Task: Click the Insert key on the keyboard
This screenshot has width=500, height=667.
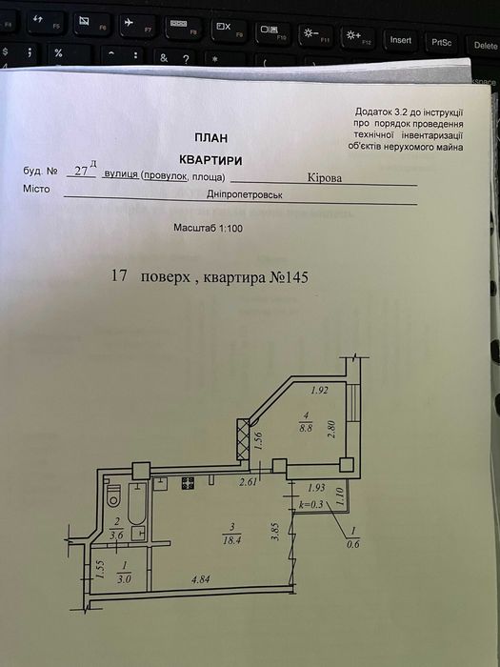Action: pyautogui.click(x=400, y=40)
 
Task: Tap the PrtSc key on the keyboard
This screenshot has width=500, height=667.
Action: pyautogui.click(x=441, y=43)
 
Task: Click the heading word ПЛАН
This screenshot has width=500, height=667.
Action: pyautogui.click(x=211, y=138)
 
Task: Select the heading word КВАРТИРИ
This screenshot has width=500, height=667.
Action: pyautogui.click(x=210, y=160)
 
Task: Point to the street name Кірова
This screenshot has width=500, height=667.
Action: pyautogui.click(x=325, y=178)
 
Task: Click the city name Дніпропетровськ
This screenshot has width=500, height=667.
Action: pyautogui.click(x=245, y=194)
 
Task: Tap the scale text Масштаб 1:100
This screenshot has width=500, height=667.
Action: pyautogui.click(x=208, y=228)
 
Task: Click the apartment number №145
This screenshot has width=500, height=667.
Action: pyautogui.click(x=289, y=277)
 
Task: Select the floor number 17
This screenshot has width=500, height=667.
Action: pyautogui.click(x=119, y=275)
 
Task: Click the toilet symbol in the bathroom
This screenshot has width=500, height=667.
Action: pyautogui.click(x=113, y=496)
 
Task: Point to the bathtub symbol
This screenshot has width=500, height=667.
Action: pyautogui.click(x=137, y=503)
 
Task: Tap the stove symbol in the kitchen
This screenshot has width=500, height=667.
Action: pyautogui.click(x=188, y=483)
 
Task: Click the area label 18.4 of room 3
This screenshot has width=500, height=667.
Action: pyautogui.click(x=231, y=541)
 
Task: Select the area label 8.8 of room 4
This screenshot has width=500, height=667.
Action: pyautogui.click(x=306, y=429)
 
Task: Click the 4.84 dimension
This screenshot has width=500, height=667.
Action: pyautogui.click(x=200, y=579)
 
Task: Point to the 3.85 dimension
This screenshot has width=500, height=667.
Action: pyautogui.click(x=275, y=532)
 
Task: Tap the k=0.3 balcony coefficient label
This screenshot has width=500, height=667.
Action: pyautogui.click(x=311, y=505)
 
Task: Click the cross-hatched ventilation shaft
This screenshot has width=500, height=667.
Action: pyautogui.click(x=243, y=439)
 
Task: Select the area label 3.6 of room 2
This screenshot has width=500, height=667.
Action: pyautogui.click(x=116, y=536)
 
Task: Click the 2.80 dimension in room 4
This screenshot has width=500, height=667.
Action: pyautogui.click(x=332, y=430)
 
